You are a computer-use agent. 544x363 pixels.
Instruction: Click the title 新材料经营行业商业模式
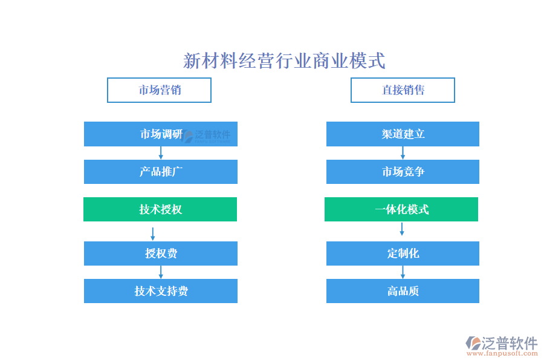coord(284,60)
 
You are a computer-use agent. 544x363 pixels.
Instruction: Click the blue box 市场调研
coord(161,134)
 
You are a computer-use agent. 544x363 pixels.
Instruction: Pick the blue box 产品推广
coord(161,172)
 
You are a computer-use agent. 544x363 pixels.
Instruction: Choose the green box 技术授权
coord(160,209)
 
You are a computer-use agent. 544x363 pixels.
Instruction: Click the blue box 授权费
coord(161,253)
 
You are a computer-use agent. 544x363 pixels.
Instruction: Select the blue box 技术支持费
coord(161,291)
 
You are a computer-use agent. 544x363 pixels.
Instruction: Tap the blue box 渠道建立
coord(403,134)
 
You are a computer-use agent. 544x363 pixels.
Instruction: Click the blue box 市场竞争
coord(403,172)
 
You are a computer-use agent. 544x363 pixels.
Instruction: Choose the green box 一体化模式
coord(401,209)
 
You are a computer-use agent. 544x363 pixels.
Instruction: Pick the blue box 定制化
coord(403,253)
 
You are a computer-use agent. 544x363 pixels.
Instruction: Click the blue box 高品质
coord(403,291)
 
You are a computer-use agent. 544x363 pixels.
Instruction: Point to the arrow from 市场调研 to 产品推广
coord(161,153)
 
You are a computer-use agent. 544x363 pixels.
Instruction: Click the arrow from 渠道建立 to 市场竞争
coord(403,153)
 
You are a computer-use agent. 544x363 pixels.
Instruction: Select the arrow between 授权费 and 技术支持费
coord(161,272)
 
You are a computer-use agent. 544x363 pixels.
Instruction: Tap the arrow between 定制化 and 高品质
coord(403,272)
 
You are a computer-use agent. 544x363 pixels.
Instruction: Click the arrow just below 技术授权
coord(153,234)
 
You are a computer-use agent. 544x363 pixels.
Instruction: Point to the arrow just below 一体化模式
coord(402,229)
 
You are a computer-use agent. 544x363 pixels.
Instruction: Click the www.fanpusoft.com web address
coord(502,353)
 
